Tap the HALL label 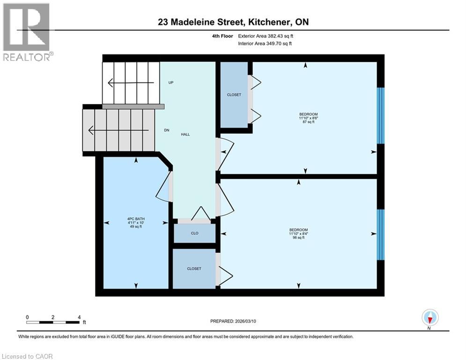[x=185, y=134]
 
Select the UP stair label [x=171, y=82]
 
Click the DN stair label [x=166, y=130]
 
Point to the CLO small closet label [x=194, y=233]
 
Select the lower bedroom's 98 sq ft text [x=298, y=238]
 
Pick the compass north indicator [x=429, y=318]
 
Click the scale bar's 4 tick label [x=79, y=317]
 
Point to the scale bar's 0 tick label [x=28, y=317]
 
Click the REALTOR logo [x=27, y=32]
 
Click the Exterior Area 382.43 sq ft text [x=266, y=36]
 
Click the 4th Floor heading [x=222, y=36]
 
